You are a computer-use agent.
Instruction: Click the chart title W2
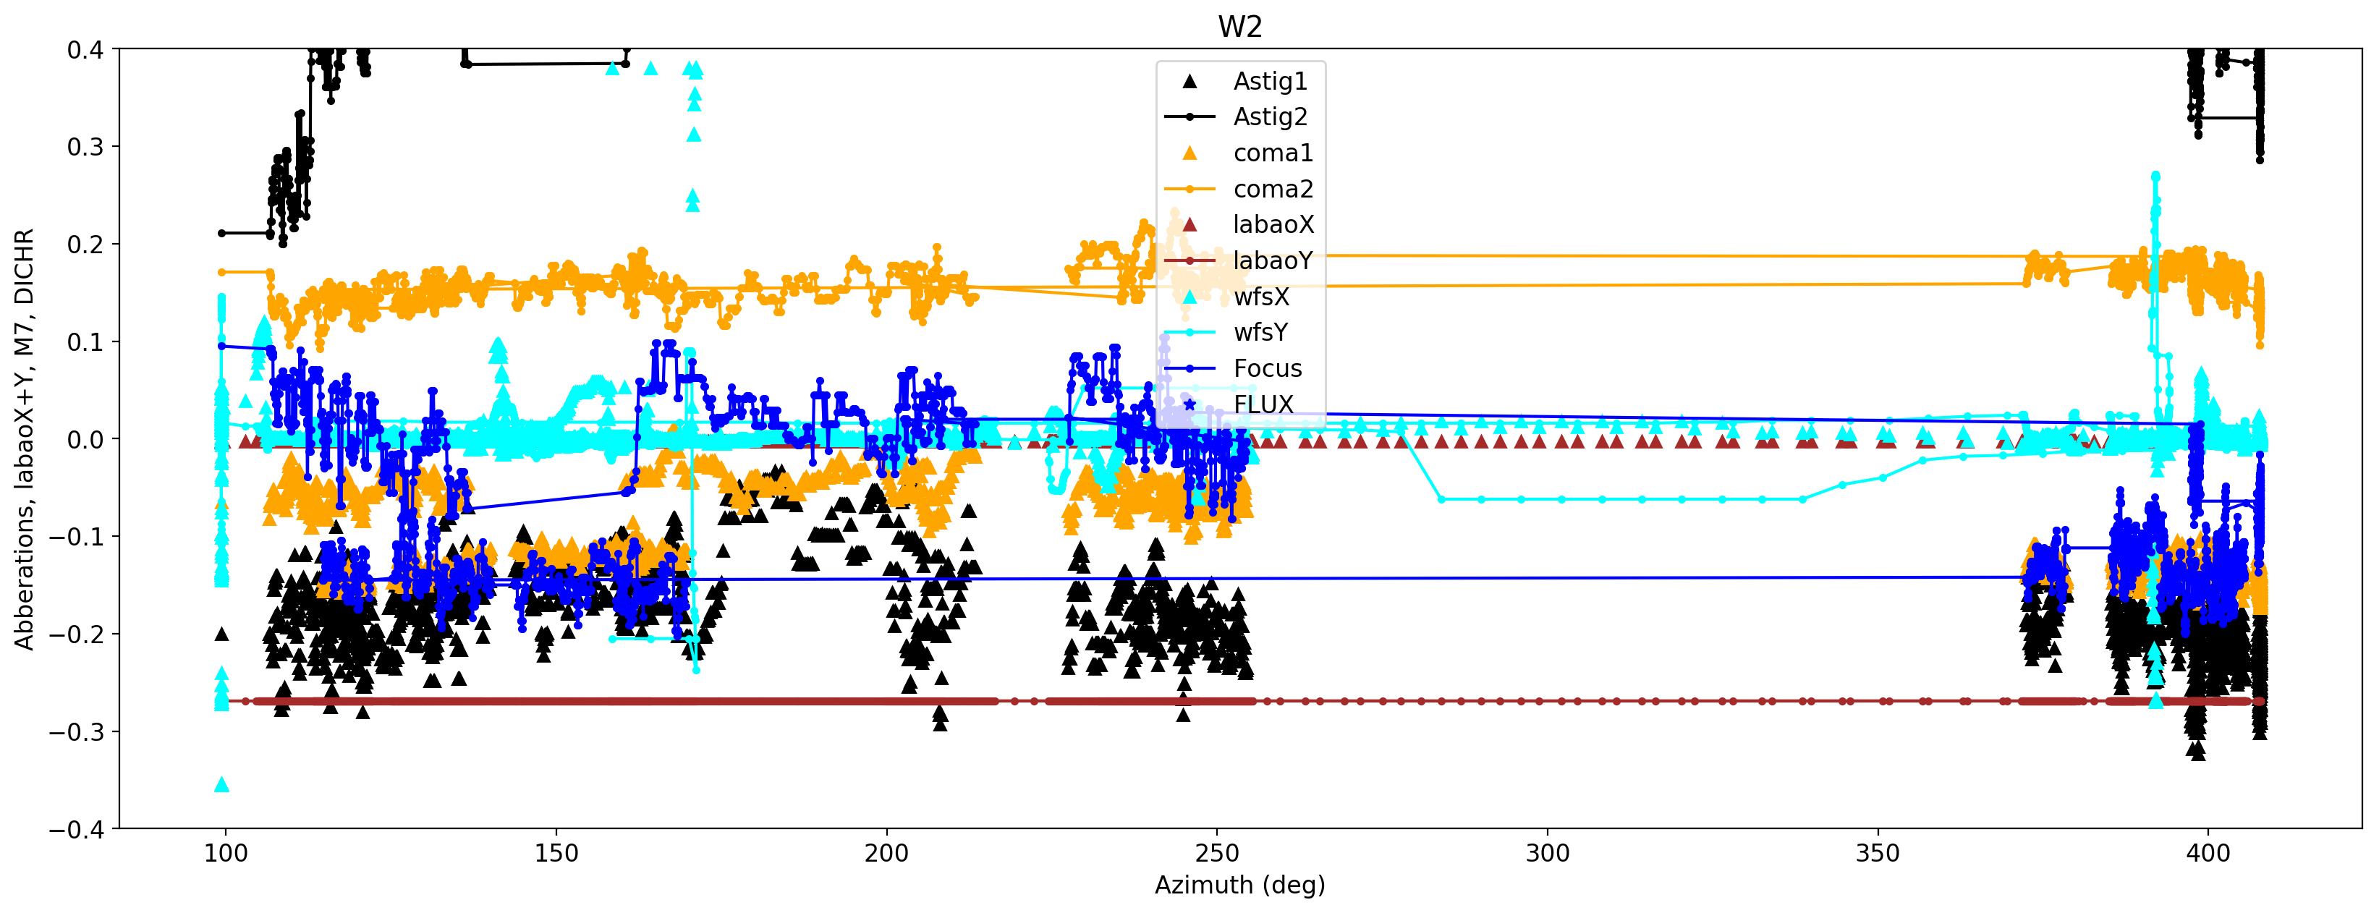point(1239,27)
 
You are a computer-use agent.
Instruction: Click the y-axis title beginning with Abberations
point(24,438)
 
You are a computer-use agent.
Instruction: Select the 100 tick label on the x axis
point(225,853)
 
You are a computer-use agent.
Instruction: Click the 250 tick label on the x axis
point(1216,853)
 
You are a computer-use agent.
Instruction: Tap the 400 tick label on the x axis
point(2208,853)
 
